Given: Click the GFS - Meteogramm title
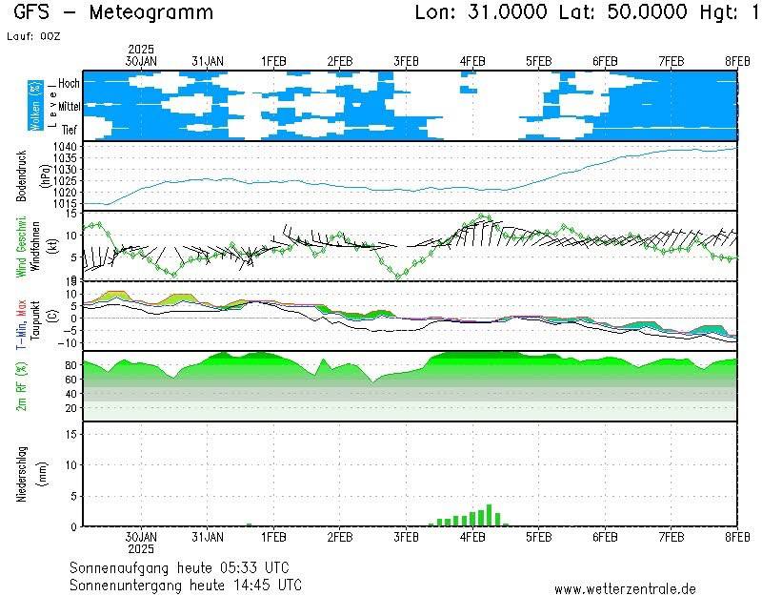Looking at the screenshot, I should pyautogui.click(x=113, y=12).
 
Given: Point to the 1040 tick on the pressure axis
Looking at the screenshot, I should pyautogui.click(x=65, y=146).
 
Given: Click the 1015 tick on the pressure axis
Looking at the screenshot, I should pyautogui.click(x=65, y=203).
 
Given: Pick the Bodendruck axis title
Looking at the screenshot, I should pyautogui.click(x=22, y=175).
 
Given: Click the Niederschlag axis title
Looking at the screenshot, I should pyautogui.click(x=22, y=474).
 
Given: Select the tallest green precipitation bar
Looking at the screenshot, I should pyautogui.click(x=489, y=515).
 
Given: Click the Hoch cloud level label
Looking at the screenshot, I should pyautogui.click(x=69, y=84).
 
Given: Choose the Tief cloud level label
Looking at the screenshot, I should pyautogui.click(x=70, y=129).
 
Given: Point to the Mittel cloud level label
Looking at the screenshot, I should pyautogui.click(x=69, y=107).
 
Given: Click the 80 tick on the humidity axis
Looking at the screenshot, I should pyautogui.click(x=70, y=364).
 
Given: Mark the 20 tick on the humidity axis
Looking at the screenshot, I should pyautogui.click(x=70, y=407).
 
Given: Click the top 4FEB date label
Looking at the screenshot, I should pyautogui.click(x=472, y=60).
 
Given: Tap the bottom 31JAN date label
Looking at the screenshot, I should pyautogui.click(x=207, y=537).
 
